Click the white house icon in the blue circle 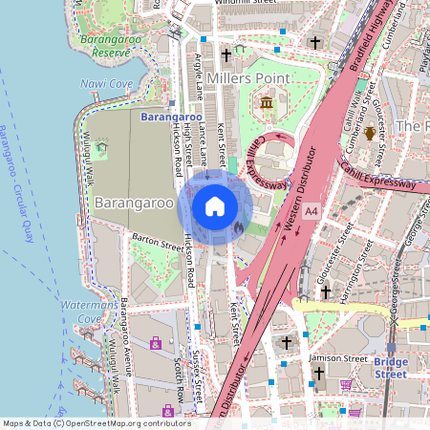coord(214,205)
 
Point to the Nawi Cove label coord(107,84)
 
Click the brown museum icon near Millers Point coord(265,101)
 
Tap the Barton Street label coord(159,246)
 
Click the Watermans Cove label coord(89,312)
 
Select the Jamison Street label coord(339,358)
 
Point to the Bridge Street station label coord(390,368)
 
